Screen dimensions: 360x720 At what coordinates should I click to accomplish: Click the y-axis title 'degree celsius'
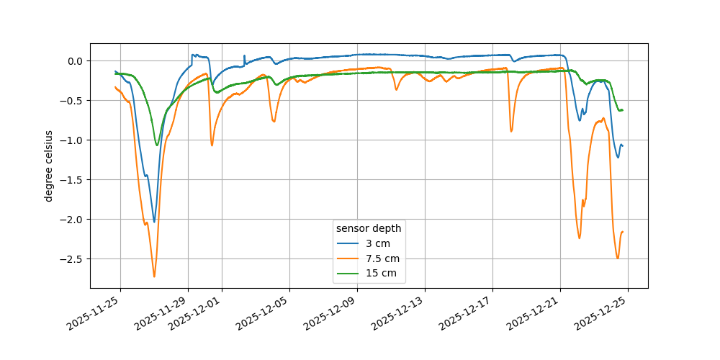(x=49, y=166)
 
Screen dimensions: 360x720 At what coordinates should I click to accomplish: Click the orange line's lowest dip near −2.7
(x=154, y=276)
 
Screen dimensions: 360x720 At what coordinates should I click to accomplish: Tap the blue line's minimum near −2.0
(x=154, y=222)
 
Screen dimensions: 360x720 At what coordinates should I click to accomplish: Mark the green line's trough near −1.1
(x=157, y=145)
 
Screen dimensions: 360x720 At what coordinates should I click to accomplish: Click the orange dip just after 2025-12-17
(x=511, y=131)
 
